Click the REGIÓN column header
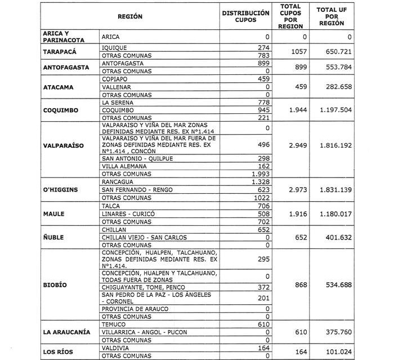[129, 17]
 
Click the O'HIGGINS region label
[62, 190]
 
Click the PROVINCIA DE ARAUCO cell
[134, 309]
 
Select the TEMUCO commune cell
[113, 325]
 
